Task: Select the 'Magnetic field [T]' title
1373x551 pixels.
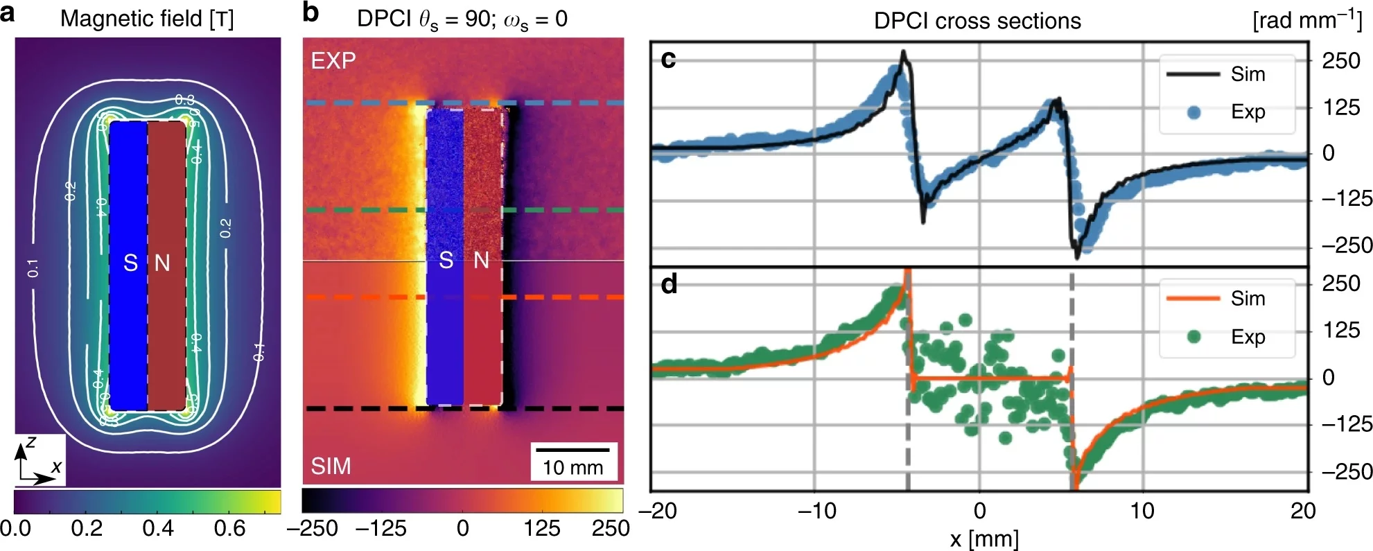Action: tap(147, 19)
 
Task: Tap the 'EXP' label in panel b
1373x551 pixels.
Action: tap(333, 61)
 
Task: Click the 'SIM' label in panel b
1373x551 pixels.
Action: tap(331, 466)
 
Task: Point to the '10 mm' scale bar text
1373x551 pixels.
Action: tap(572, 468)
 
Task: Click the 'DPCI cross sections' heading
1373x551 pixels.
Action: tap(977, 21)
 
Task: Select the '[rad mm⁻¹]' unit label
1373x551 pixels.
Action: tap(1307, 19)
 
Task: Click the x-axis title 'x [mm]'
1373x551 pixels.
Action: tap(983, 539)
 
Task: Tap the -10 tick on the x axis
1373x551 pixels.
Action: tap(816, 511)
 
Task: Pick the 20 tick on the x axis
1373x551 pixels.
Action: tap(1302, 511)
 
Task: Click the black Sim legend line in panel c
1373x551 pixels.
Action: tap(1193, 74)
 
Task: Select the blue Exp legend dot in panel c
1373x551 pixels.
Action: tap(1193, 112)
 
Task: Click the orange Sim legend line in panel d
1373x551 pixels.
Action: tap(1193, 298)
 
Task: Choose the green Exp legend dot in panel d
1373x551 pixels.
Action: tap(1193, 337)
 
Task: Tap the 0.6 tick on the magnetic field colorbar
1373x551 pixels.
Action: tap(229, 529)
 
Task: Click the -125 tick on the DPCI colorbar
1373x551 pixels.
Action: tap(381, 529)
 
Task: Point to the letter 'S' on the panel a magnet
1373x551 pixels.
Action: tap(130, 263)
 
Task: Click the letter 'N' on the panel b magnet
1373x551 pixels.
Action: tap(481, 261)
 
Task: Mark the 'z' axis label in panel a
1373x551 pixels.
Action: tap(30, 442)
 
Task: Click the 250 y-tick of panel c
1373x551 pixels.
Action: tap(1340, 61)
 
